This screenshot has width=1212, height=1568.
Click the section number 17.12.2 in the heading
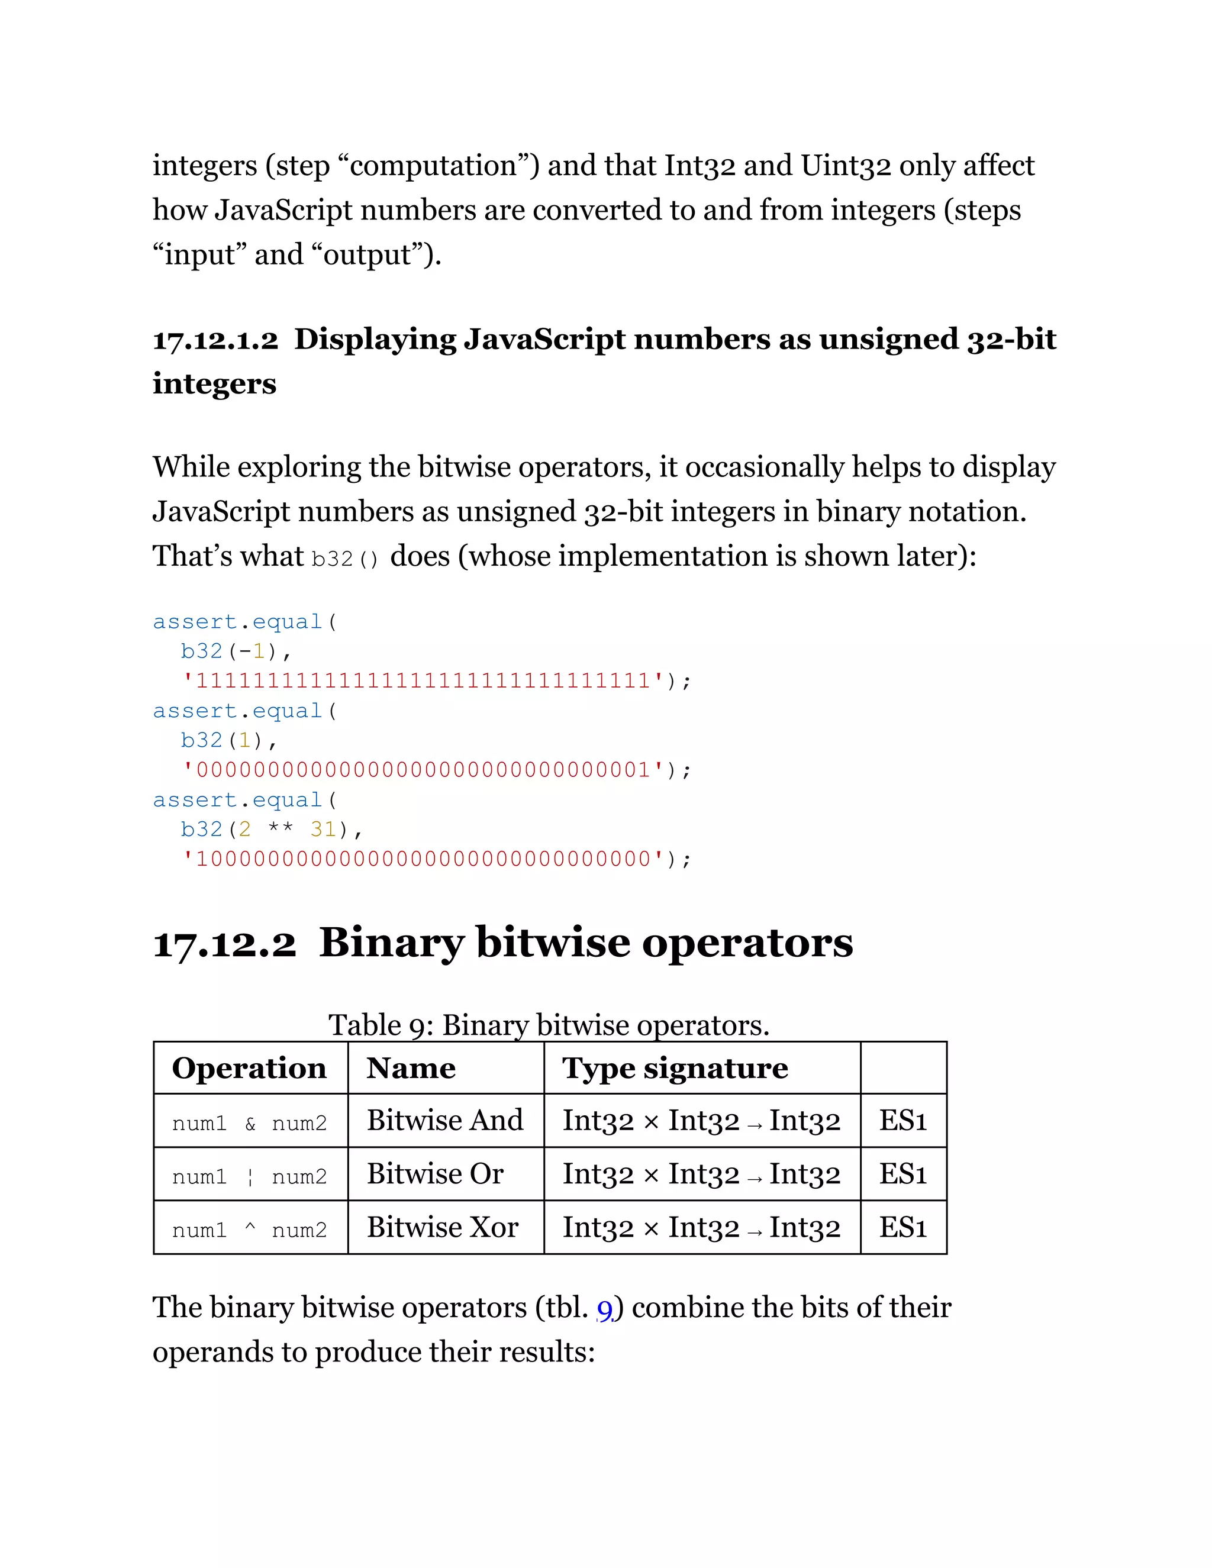coord(224,943)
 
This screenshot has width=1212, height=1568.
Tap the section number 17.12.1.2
coord(215,340)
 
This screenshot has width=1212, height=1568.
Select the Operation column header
coord(249,1068)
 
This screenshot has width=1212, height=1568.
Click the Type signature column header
coord(675,1068)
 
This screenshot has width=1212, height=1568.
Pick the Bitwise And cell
coord(444,1121)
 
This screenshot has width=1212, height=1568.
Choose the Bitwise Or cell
coord(435,1174)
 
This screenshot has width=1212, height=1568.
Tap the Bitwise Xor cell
coord(442,1227)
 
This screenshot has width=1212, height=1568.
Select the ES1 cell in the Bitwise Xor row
coord(902,1227)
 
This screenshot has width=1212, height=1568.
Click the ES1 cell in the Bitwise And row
coord(902,1121)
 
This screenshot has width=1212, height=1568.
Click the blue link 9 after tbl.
coord(605,1309)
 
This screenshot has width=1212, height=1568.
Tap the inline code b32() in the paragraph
coord(344,559)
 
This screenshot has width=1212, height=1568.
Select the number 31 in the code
coord(323,829)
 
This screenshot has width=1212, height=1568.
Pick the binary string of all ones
coord(424,680)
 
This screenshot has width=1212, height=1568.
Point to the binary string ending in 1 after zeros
coord(424,770)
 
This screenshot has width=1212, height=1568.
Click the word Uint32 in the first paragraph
coord(846,166)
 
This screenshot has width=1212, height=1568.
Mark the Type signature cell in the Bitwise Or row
coord(701,1174)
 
